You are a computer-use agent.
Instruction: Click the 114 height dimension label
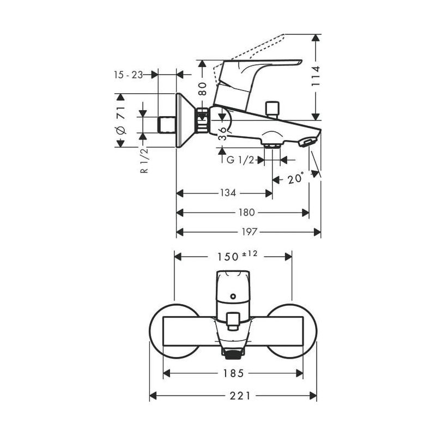tap(316, 77)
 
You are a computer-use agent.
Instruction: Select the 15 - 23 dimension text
tap(129, 75)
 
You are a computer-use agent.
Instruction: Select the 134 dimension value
tap(228, 193)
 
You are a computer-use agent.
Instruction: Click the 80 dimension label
tap(202, 89)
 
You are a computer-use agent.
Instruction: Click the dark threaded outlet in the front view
tap(233, 355)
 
